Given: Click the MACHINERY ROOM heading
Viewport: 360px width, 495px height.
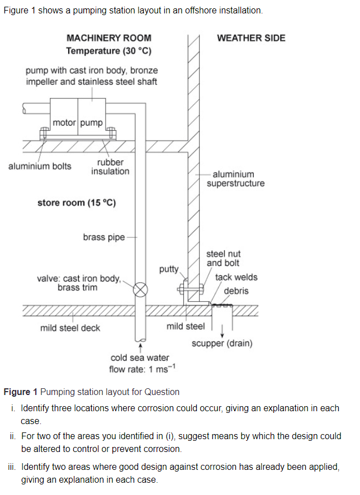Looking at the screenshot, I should pos(108,38).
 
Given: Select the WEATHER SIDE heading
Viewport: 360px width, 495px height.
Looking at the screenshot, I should pos(251,38).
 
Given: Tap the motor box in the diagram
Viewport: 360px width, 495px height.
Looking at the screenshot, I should pos(64,122).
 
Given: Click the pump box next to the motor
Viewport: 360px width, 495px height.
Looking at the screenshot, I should pos(91,122).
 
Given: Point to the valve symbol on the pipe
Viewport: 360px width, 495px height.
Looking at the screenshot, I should pos(142,289).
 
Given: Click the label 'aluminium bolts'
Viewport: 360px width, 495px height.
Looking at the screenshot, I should pos(40,166).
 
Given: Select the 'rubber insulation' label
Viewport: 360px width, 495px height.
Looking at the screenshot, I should pos(110,166).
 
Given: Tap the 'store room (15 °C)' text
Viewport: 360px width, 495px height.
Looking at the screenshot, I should pos(77,203).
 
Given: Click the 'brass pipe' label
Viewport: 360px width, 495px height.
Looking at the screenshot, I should pos(104,237).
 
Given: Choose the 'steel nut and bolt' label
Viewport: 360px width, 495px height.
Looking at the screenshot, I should pos(224,258).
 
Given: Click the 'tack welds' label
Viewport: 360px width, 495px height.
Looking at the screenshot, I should pos(236,277).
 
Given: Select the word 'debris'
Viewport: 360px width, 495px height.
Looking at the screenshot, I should pos(236,291).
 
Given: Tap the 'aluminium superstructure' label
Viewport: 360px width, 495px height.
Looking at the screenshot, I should pos(235,179).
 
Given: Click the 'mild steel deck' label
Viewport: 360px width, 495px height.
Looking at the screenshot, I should pos(70,328).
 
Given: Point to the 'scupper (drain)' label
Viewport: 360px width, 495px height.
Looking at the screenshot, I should pos(222,343).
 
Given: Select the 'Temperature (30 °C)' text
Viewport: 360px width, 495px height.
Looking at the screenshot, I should pos(109,51).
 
